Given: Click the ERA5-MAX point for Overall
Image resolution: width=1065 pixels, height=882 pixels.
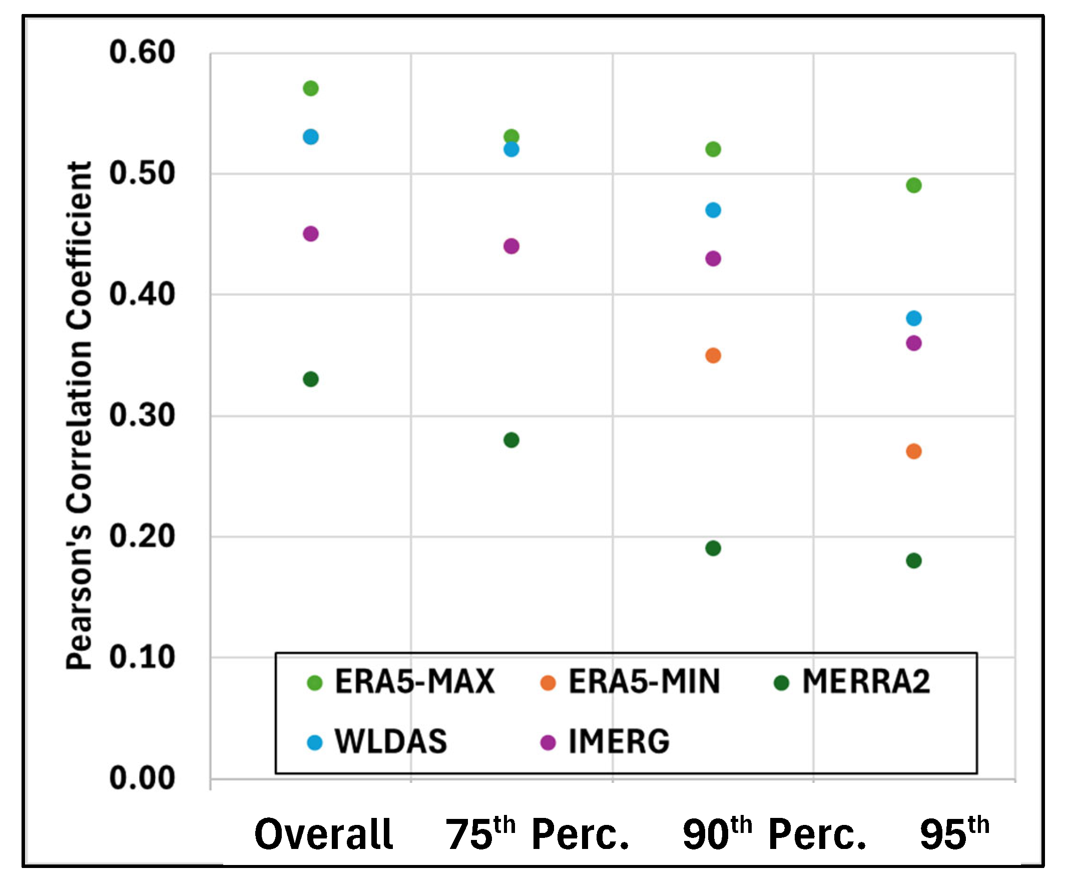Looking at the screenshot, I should point(310,88).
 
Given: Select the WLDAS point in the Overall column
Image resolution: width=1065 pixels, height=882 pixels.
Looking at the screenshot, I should point(310,137).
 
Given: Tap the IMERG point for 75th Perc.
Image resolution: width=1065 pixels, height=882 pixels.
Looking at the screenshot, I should point(511,246).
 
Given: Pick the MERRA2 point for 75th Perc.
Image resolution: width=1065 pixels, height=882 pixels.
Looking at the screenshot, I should point(511,439).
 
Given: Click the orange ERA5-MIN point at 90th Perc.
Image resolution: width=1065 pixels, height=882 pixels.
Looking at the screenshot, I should point(713,355).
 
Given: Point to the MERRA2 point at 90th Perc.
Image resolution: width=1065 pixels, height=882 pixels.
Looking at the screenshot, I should point(713,548).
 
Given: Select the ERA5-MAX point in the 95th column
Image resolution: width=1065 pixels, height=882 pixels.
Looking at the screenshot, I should point(913,185).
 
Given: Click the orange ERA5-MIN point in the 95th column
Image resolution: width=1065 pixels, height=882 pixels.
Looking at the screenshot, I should point(913,451).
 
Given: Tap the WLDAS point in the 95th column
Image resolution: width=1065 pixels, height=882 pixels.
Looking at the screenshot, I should point(913,318).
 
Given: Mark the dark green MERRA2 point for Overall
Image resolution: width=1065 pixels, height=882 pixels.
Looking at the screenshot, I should point(310,379).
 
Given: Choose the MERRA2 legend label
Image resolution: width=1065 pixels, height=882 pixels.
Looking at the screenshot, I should point(866,681).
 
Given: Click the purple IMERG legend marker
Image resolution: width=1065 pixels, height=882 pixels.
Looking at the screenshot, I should point(548,743).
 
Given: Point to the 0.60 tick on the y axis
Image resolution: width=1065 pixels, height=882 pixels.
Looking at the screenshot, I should point(142,52).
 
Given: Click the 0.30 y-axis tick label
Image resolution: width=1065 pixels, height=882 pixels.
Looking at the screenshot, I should point(142,415).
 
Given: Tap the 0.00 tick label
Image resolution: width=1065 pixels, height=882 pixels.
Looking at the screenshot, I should point(142,778).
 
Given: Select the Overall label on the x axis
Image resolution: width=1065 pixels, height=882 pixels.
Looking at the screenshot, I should point(324,834).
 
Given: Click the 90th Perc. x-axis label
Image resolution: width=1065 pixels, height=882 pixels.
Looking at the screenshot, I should point(774,834).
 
